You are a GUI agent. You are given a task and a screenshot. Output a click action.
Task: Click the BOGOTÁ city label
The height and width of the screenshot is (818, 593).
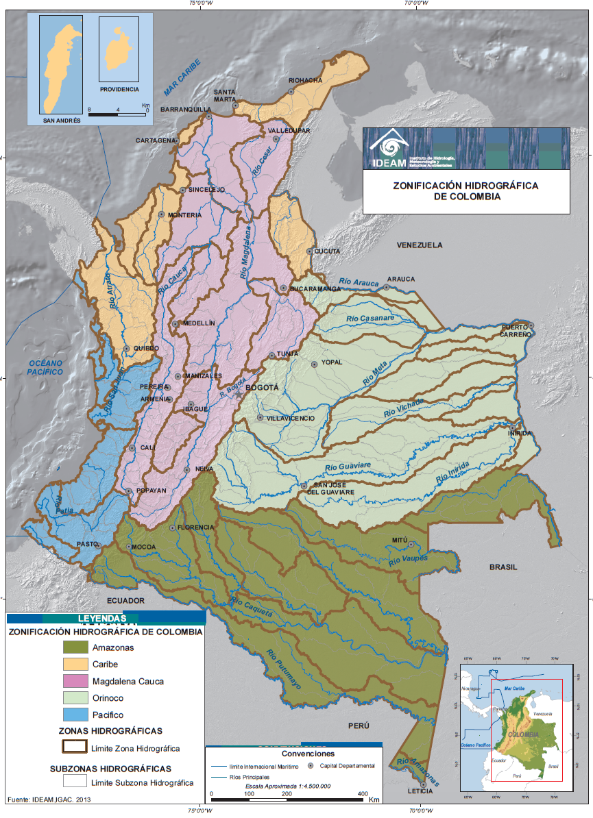262,388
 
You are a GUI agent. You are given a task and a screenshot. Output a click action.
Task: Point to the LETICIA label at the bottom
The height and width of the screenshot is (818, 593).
420,790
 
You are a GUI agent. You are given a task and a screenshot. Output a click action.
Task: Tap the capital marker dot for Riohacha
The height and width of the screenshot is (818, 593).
291,90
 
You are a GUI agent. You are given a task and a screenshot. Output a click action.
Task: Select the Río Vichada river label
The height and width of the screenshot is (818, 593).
404,408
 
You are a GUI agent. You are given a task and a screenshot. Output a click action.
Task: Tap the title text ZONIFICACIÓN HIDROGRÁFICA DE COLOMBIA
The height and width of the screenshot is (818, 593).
465,190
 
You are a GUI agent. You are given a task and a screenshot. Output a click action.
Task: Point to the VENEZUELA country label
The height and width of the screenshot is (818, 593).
420,245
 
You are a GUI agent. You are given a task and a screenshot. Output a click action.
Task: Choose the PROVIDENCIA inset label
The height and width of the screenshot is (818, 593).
119,89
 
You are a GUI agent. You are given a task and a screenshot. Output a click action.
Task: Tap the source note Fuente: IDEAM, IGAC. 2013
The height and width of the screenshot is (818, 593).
49,800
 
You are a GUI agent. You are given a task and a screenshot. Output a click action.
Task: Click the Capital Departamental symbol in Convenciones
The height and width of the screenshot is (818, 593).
311,765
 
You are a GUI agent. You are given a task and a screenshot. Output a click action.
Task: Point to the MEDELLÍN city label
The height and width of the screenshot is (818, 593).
198,323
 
